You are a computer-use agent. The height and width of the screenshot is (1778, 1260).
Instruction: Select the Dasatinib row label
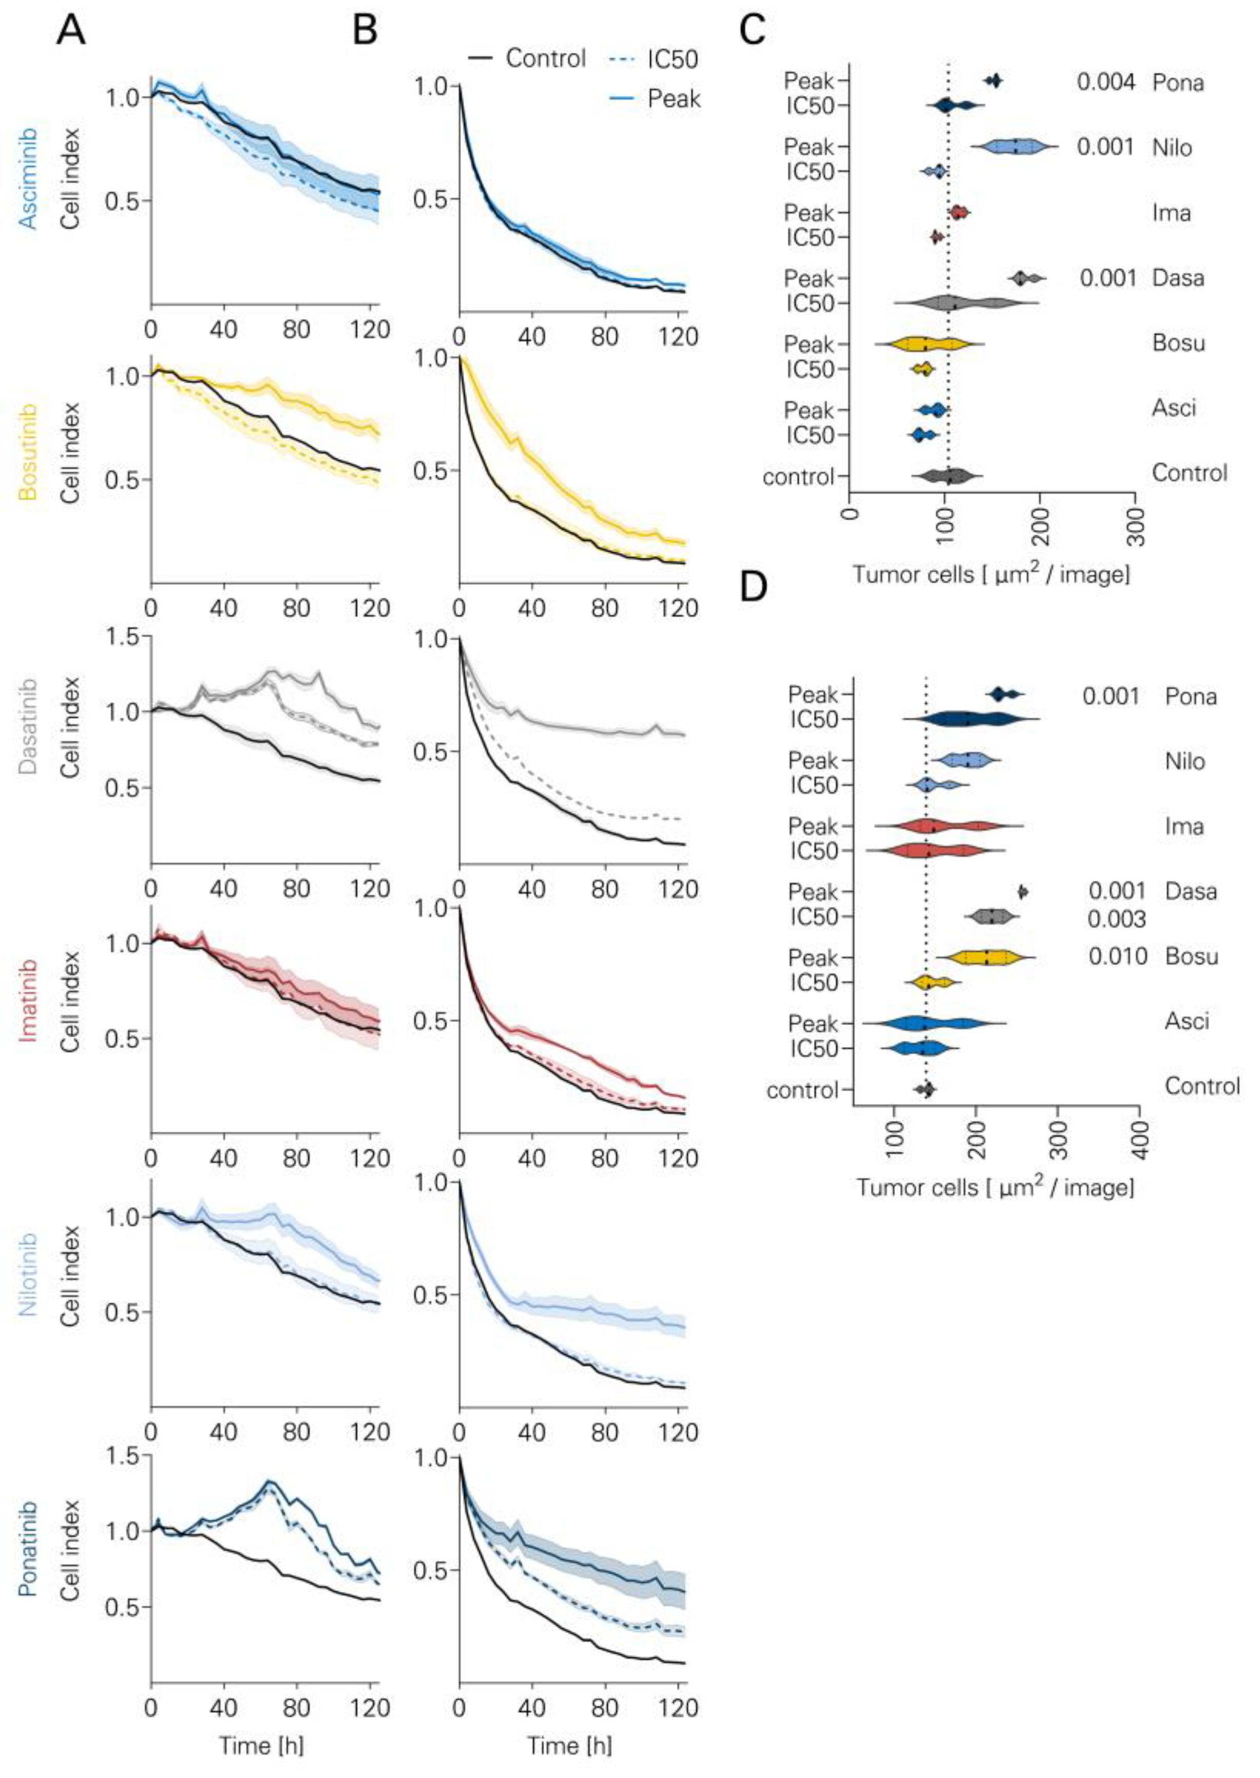click(x=28, y=727)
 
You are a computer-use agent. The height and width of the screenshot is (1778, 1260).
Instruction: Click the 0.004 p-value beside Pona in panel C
click(x=1106, y=81)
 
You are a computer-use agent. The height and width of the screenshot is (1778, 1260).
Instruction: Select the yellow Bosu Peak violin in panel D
click(x=985, y=957)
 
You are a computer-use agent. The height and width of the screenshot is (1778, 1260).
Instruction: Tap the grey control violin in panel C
click(x=947, y=476)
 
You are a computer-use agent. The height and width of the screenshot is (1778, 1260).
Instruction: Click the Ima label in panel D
click(x=1184, y=827)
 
